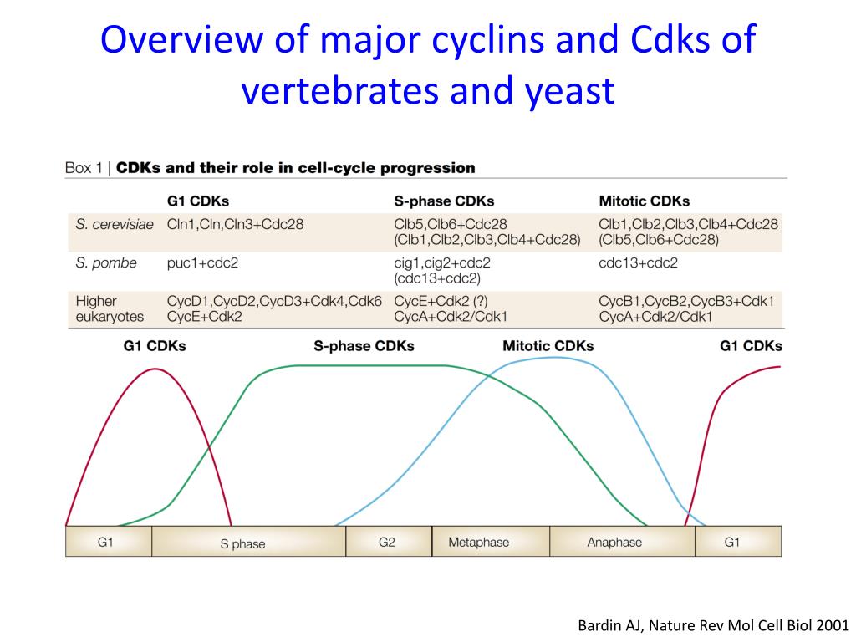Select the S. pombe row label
(105, 262)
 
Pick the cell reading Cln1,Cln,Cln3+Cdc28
(235, 224)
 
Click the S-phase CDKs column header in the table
(444, 201)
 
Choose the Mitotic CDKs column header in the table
(645, 201)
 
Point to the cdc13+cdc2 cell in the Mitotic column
(639, 262)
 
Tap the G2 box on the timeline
(387, 542)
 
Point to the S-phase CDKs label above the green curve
(364, 346)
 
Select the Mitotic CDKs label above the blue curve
(548, 346)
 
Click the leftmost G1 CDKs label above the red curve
(155, 346)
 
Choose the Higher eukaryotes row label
(109, 308)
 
